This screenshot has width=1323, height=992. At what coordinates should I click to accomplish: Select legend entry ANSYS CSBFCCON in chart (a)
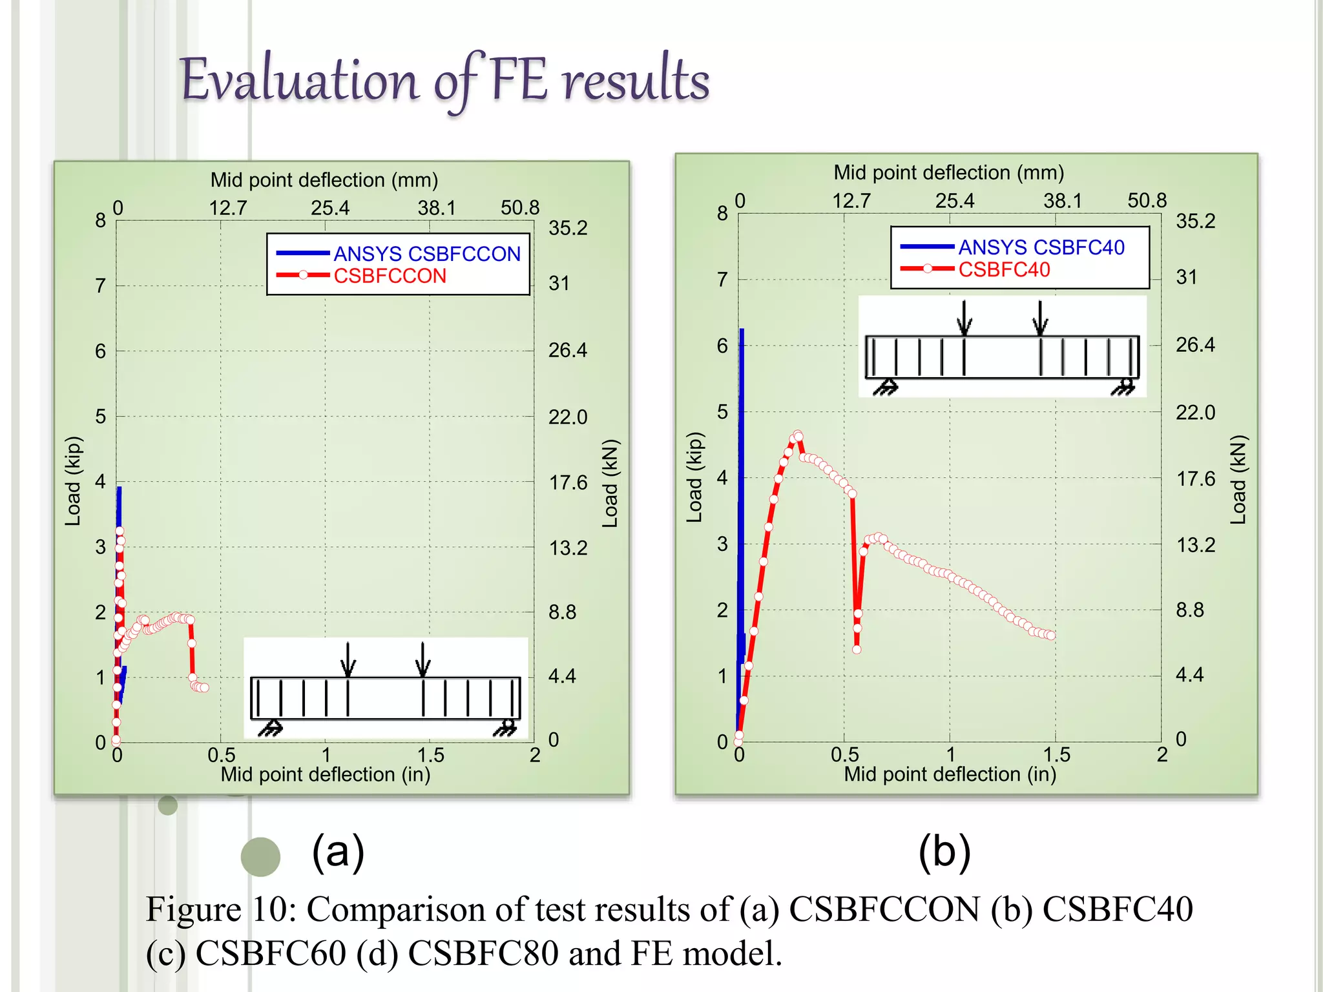coord(426,254)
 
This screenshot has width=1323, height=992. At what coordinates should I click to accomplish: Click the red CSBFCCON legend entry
coord(390,276)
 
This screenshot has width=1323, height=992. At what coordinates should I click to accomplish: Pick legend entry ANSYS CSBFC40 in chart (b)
coord(1041,247)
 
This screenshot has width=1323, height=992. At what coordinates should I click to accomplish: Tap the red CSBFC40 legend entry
coord(1004,269)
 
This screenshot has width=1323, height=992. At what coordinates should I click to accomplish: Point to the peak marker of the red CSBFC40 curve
coord(798,435)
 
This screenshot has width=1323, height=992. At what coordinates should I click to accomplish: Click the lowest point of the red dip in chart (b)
coord(857,649)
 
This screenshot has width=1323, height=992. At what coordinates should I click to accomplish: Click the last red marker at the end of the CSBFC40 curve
coord(1051,635)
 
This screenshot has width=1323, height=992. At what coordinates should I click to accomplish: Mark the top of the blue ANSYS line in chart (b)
coord(742,331)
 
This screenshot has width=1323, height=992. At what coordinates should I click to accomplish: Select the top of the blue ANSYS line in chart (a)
coord(119,489)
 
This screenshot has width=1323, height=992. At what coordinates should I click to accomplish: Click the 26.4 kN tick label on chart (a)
coord(567,350)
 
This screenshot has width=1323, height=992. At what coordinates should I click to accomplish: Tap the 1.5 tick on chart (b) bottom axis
coord(1056,754)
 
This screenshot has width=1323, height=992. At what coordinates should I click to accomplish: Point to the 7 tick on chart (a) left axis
coord(101,285)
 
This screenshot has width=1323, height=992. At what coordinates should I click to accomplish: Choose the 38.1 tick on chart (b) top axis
coord(1062,201)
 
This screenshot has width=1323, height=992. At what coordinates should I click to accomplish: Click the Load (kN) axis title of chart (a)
coord(610,483)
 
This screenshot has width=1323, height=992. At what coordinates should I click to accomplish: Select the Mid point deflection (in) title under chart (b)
coord(950,774)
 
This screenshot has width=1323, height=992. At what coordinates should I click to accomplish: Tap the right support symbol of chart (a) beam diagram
coord(507,728)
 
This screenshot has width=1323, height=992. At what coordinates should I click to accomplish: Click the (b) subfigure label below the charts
coord(944,852)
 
